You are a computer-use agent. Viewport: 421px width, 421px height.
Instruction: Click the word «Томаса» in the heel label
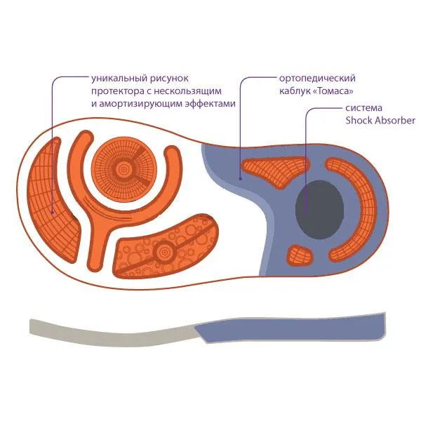tap(333, 91)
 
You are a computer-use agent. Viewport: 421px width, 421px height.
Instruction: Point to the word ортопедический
tap(317, 79)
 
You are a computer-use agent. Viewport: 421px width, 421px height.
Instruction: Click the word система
tap(363, 108)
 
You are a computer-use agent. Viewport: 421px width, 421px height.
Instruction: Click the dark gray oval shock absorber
tap(319, 210)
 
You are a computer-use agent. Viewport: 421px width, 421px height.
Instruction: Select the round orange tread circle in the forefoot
tap(124, 169)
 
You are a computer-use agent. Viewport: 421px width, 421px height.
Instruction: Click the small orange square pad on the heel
tap(300, 255)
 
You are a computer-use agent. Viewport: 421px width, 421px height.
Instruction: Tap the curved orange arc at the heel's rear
tap(352, 210)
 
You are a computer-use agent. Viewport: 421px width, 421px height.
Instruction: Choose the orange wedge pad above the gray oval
tap(276, 171)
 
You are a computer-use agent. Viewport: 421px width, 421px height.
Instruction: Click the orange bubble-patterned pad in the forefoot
tap(165, 246)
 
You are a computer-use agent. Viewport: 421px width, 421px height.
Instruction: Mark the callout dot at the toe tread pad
tap(53, 213)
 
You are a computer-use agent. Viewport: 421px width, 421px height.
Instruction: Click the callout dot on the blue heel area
tap(241, 178)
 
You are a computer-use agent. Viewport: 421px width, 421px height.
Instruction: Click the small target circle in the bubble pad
tap(163, 252)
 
